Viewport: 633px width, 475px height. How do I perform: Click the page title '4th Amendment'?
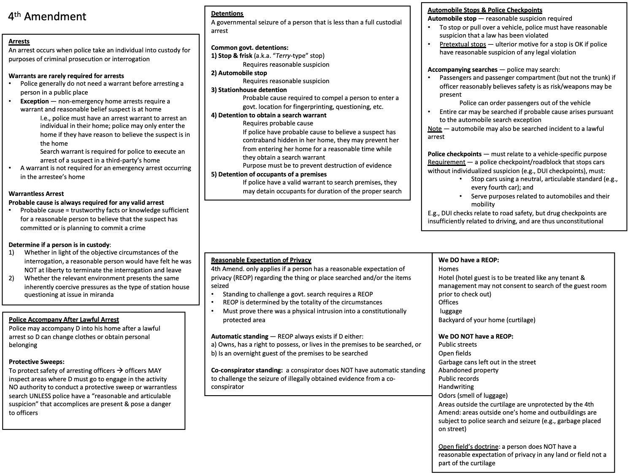(x=47, y=17)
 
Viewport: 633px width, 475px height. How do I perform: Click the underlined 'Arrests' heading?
(x=19, y=41)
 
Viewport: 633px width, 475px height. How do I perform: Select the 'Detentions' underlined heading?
(x=227, y=14)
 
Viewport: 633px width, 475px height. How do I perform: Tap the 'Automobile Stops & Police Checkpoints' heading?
(x=485, y=10)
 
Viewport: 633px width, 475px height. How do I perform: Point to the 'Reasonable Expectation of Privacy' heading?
(x=261, y=261)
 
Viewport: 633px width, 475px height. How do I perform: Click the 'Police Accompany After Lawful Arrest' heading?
(x=64, y=320)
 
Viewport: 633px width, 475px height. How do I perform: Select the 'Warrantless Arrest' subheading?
(x=36, y=194)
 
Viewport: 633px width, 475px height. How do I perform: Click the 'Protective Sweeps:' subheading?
(x=37, y=362)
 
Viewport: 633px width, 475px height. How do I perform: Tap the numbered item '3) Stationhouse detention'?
(x=249, y=90)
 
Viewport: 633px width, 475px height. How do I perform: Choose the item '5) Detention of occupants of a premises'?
(x=269, y=174)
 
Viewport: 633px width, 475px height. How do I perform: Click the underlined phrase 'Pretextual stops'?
(x=463, y=44)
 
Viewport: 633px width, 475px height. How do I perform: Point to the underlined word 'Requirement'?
(x=446, y=163)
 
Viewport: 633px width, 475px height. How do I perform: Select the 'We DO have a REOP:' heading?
(x=468, y=261)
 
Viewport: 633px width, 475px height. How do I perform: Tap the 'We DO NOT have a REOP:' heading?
(x=476, y=337)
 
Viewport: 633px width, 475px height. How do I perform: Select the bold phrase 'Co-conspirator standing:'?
(x=247, y=370)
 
